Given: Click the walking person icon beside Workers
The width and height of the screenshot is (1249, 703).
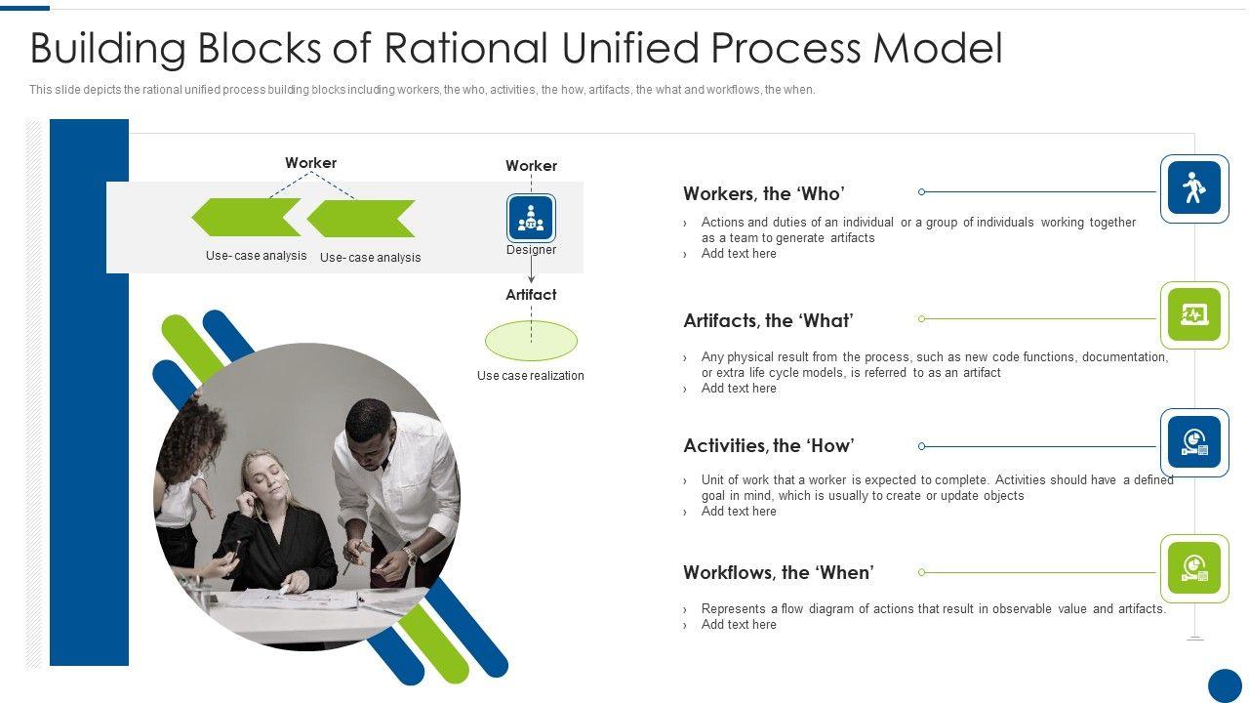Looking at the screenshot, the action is click(x=1194, y=187).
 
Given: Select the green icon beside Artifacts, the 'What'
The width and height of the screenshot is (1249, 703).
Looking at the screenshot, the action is click(x=1194, y=314).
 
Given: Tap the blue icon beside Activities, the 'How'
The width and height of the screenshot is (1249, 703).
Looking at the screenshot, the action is click(x=1194, y=442).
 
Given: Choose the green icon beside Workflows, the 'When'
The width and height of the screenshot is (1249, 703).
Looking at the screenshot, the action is click(x=1194, y=568).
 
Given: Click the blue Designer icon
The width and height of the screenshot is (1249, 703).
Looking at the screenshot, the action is click(x=531, y=218).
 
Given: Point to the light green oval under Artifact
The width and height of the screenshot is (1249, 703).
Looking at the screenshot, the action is click(x=531, y=341).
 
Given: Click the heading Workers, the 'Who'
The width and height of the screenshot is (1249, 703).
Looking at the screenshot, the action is click(x=763, y=193).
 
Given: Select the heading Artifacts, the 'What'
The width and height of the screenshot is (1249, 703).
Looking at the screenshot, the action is click(x=768, y=320).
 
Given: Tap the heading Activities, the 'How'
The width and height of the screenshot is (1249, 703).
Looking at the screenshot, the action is click(x=768, y=446).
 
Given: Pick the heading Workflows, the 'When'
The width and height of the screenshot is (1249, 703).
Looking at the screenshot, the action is click(x=778, y=572).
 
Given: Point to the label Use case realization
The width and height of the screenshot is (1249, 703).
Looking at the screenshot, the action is click(x=530, y=376).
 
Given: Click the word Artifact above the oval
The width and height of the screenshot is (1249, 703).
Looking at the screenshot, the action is click(x=531, y=294).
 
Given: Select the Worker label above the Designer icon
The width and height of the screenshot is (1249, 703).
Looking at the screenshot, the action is click(x=531, y=166).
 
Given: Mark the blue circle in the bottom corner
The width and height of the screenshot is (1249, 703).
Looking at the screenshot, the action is click(x=1225, y=684).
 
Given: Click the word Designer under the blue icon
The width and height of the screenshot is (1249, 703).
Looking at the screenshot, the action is click(x=531, y=250).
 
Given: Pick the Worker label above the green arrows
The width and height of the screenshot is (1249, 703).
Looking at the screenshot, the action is click(x=310, y=163).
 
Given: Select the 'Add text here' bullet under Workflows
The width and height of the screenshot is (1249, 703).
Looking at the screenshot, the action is click(x=739, y=625).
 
